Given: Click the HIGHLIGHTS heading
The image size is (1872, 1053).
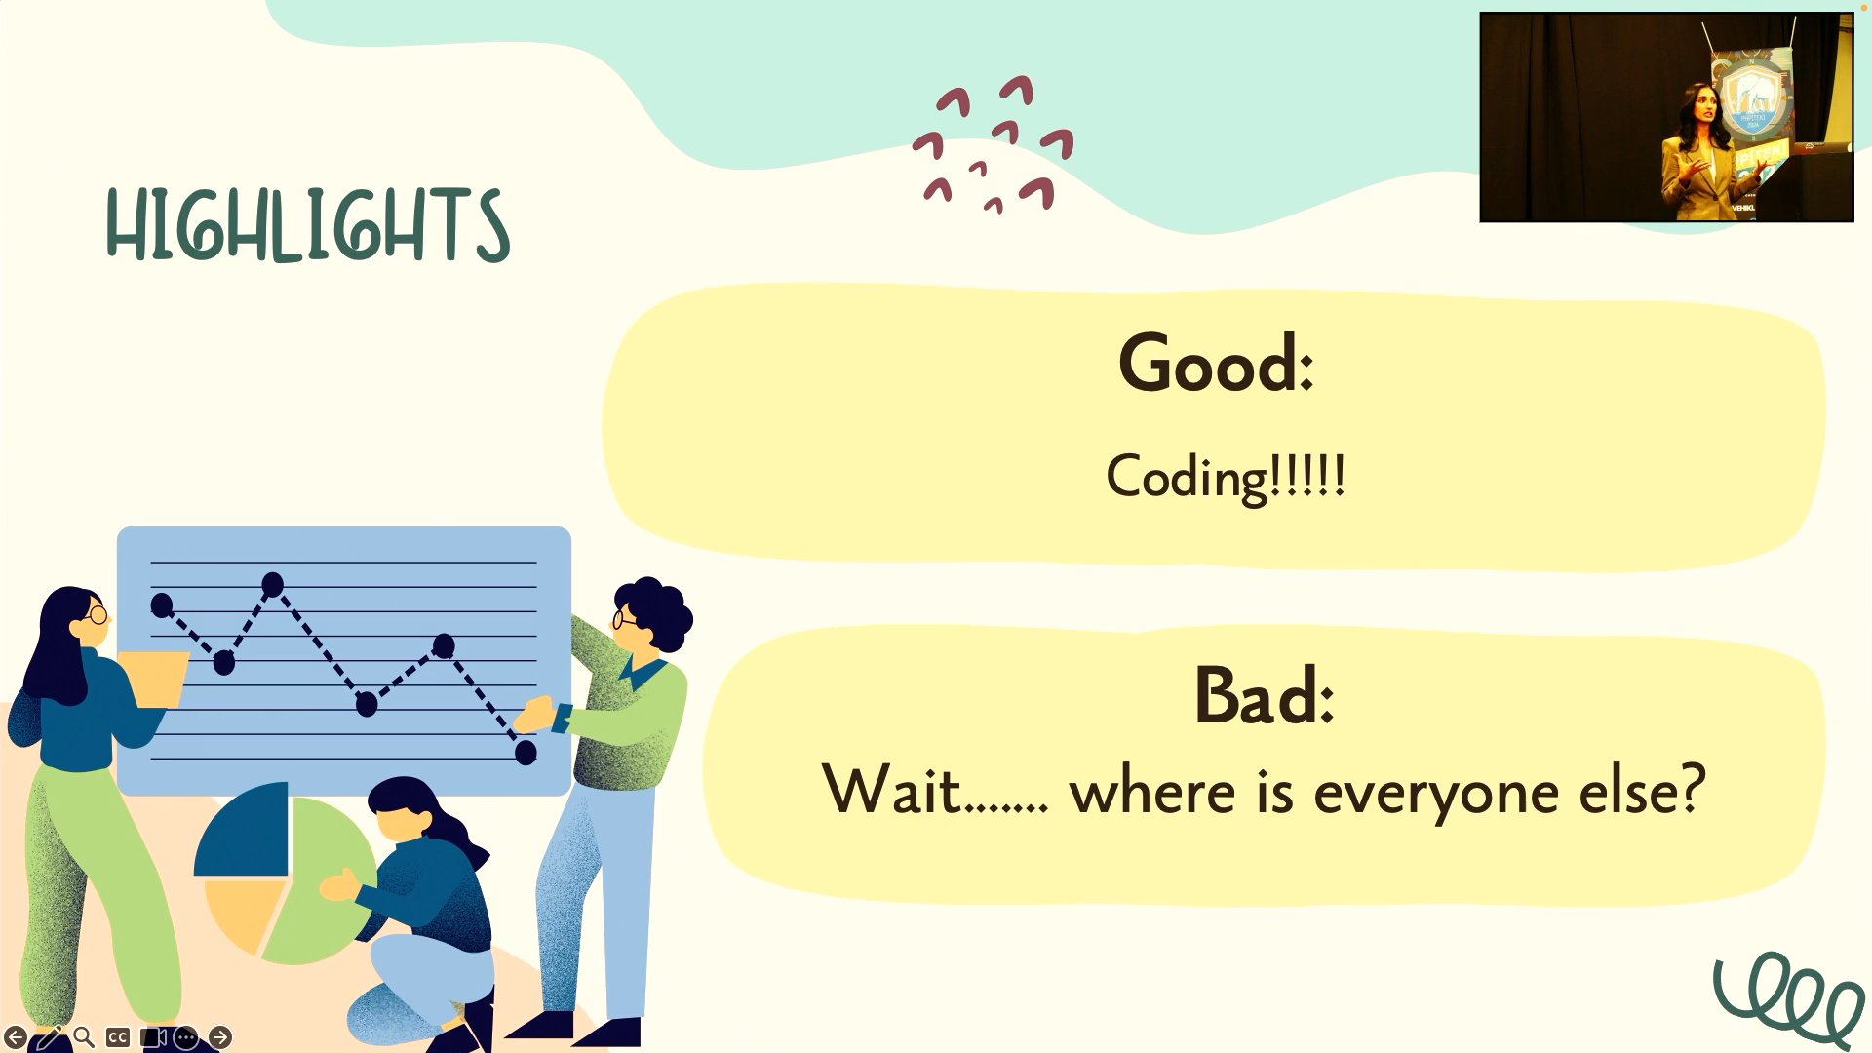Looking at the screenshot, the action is pos(307,225).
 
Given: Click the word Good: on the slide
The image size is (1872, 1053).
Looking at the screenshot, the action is pos(1216,363).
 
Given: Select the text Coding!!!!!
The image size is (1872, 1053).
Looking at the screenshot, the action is pos(1226,477).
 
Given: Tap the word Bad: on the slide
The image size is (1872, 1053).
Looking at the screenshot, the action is pos(1264,695).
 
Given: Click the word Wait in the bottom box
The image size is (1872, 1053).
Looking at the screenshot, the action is pos(892,789).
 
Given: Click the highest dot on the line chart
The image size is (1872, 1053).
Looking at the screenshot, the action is pos(272,585).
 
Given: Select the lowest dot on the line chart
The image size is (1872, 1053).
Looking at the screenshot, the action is pos(526,752).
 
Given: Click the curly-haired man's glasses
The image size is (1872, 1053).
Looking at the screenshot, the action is pos(624,618).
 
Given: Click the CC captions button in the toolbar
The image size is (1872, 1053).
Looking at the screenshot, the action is pos(118,1037).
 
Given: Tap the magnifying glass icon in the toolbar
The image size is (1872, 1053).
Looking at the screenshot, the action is pos(84,1037).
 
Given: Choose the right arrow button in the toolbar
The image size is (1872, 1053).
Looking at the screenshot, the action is pos(220,1037).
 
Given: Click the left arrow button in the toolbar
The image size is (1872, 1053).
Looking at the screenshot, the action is pos(16,1037).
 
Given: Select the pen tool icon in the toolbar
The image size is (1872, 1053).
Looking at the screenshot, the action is pos(49,1037).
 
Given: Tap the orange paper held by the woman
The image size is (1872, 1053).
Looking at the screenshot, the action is pos(156,678).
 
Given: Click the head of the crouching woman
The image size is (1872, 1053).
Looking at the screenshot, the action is pos(405,809).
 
